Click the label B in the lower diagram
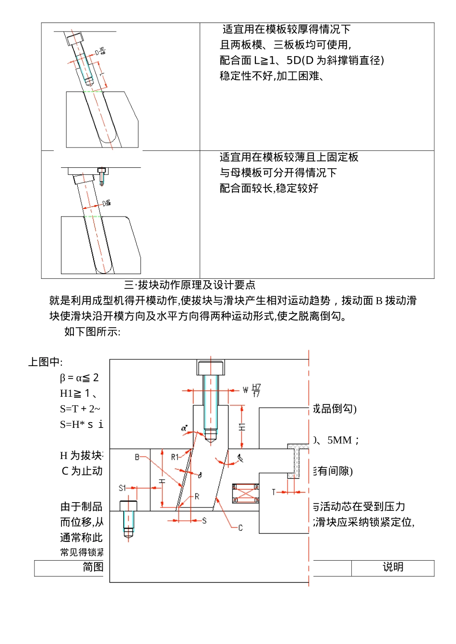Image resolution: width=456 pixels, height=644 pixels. pyautogui.click(x=137, y=457)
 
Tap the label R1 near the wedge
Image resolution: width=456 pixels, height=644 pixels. pyautogui.click(x=175, y=457)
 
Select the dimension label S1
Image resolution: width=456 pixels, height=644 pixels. pyautogui.click(x=122, y=488)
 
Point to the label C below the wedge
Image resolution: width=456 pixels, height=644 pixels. pyautogui.click(x=240, y=528)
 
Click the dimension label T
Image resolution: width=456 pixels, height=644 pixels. pyautogui.click(x=274, y=492)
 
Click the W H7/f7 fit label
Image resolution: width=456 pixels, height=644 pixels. pyautogui.click(x=252, y=390)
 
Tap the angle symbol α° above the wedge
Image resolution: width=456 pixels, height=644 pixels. pyautogui.click(x=184, y=428)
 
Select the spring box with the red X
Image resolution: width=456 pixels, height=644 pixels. pyautogui.click(x=246, y=493)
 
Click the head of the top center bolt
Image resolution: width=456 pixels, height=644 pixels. pyautogui.click(x=211, y=368)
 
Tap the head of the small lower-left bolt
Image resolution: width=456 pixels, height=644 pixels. pyautogui.click(x=128, y=506)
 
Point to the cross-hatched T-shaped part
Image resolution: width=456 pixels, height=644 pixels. pyautogui.click(x=298, y=460)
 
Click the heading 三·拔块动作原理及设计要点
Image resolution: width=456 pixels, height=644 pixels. pyautogui.click(x=190, y=285)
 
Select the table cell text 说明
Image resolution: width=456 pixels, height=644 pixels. pyautogui.click(x=393, y=567)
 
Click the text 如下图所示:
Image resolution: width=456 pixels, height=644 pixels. pyautogui.click(x=92, y=332)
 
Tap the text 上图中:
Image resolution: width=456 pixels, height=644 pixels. pyautogui.click(x=45, y=362)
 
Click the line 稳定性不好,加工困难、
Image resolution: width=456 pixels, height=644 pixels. pyautogui.click(x=272, y=76)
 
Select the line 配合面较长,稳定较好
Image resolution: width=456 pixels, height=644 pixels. pyautogui.click(x=269, y=188)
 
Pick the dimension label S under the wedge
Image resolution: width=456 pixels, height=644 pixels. pyautogui.click(x=204, y=520)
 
